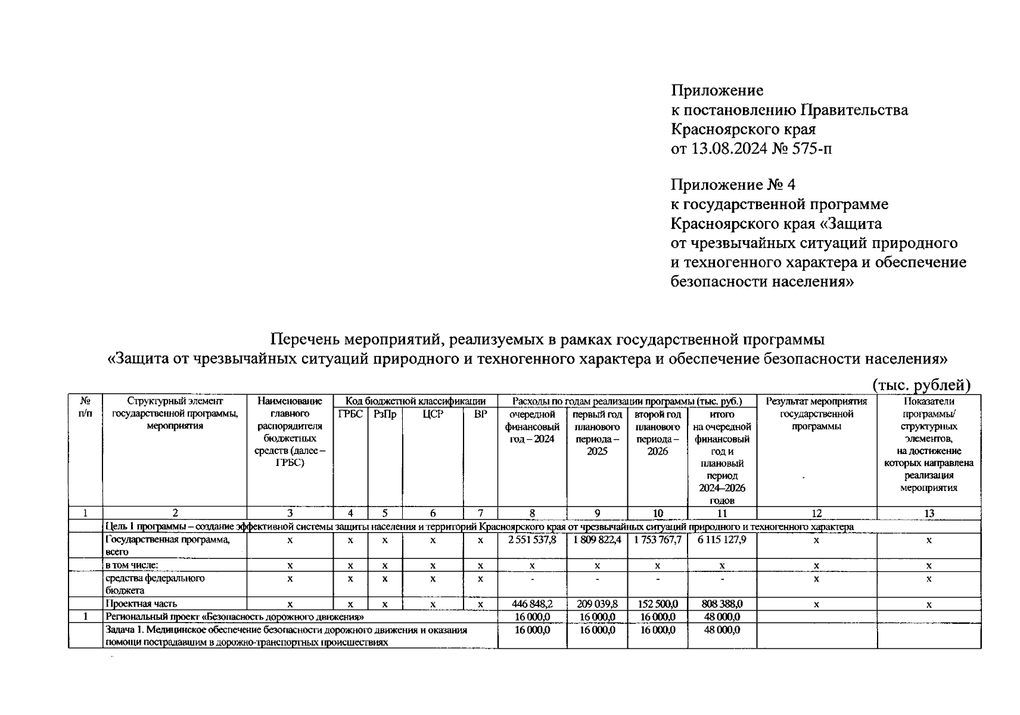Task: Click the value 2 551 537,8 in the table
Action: coord(531,540)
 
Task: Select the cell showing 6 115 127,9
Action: coord(722,540)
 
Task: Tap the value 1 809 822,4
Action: coord(597,540)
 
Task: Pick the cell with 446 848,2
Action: coord(531,604)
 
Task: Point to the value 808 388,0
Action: coord(722,604)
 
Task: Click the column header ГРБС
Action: coord(350,415)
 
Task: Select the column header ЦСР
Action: coord(433,415)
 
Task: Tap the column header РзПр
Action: coord(385,415)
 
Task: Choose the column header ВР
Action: coord(480,415)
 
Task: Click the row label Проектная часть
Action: coord(141,604)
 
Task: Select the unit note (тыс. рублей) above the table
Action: coord(922,386)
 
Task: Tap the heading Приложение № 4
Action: coord(733,185)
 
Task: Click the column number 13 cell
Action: coord(928,514)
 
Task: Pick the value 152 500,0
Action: coord(657,604)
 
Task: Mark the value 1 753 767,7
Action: coord(657,540)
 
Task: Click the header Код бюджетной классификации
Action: coord(415,402)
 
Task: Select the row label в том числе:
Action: coord(132,565)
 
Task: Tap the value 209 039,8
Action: coord(597,604)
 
